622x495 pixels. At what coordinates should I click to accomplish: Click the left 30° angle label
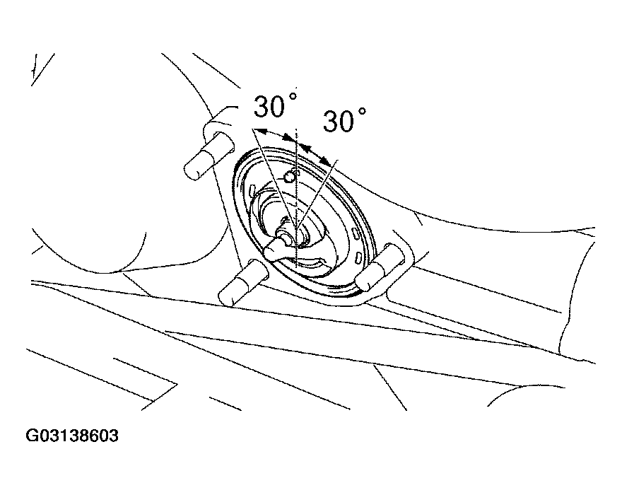[x=275, y=105]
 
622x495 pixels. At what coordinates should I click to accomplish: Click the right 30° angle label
[x=344, y=120]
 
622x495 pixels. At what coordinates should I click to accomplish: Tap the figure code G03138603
[x=72, y=436]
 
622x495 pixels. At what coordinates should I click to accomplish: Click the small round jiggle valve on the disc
[x=289, y=177]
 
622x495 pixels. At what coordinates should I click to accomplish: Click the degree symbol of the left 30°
[x=293, y=96]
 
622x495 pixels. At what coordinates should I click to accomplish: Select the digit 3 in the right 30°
[x=332, y=121]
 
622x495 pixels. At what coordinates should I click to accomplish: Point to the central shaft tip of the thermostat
[x=285, y=237]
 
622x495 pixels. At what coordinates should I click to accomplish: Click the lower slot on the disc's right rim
[x=358, y=257]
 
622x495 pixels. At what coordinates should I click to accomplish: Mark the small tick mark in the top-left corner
[x=37, y=66]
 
